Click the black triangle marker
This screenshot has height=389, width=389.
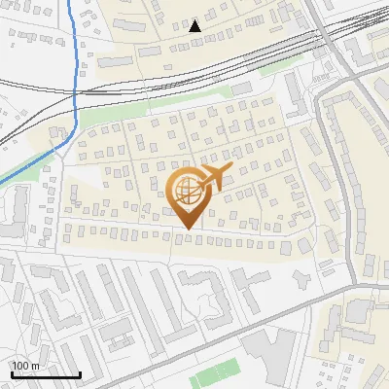click(194, 25)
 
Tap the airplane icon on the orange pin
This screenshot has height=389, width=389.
click(214, 177)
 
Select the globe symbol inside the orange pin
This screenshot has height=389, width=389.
click(187, 192)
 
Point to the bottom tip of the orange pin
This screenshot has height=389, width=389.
click(187, 229)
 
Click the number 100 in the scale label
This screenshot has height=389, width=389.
click(21, 366)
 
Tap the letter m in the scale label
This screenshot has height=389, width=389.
click(35, 366)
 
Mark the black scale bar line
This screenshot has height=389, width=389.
click(45, 374)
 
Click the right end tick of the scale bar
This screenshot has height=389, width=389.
click(79, 372)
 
